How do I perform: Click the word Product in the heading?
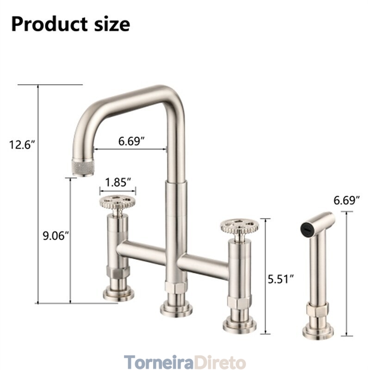pyautogui.click(x=49, y=24)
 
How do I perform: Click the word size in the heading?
pyautogui.click(x=112, y=24)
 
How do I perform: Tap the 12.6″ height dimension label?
pyautogui.click(x=22, y=144)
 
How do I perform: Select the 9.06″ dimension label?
pyautogui.click(x=56, y=235)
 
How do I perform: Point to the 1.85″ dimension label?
pyautogui.click(x=118, y=182)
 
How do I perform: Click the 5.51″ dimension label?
pyautogui.click(x=281, y=279)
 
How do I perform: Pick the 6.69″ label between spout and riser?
pyautogui.click(x=131, y=141)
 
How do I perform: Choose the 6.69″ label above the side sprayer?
pyautogui.click(x=346, y=200)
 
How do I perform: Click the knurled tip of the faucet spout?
pyautogui.click(x=83, y=167)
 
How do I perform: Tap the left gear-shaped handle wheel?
pyautogui.click(x=117, y=202)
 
